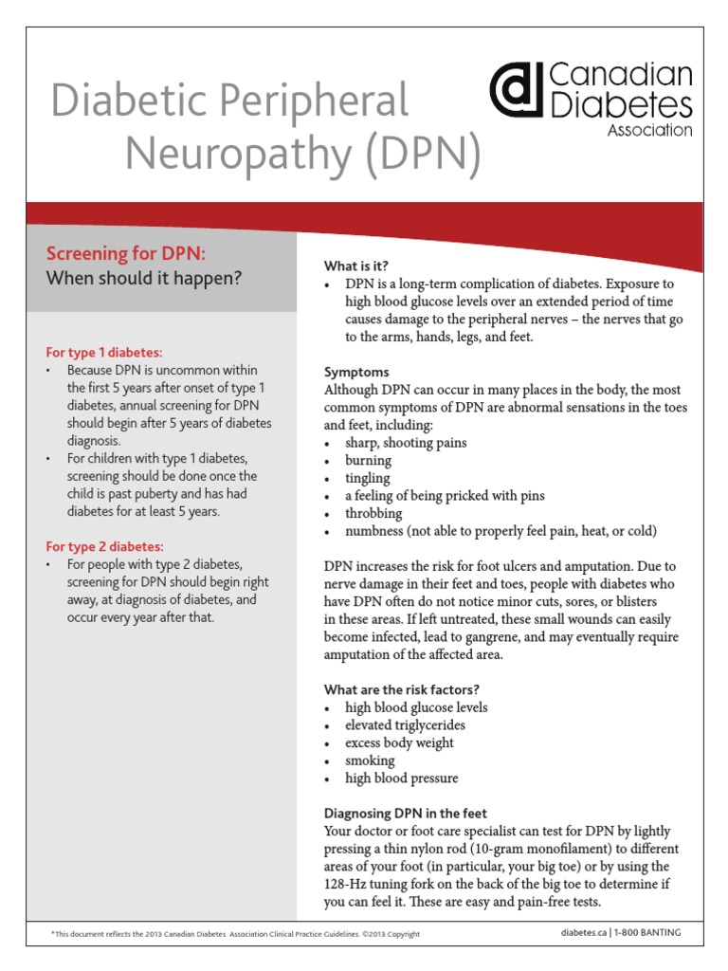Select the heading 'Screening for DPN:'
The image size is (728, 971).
pyautogui.click(x=125, y=253)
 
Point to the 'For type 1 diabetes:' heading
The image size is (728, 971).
pyautogui.click(x=104, y=352)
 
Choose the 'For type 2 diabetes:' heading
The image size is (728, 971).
pyautogui.click(x=105, y=546)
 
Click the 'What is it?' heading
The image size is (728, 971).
pyautogui.click(x=356, y=266)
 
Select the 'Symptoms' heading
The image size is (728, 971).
pyautogui.click(x=356, y=372)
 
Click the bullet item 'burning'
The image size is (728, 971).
pyautogui.click(x=368, y=460)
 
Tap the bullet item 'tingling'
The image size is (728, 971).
pyautogui.click(x=368, y=478)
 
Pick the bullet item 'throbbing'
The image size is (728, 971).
pyautogui.click(x=373, y=513)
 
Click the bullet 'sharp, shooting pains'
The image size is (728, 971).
pyautogui.click(x=406, y=443)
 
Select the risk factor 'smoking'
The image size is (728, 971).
pyautogui.click(x=370, y=760)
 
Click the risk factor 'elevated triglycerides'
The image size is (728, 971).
pyautogui.click(x=405, y=725)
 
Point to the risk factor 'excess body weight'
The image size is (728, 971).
pyautogui.click(x=399, y=742)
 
